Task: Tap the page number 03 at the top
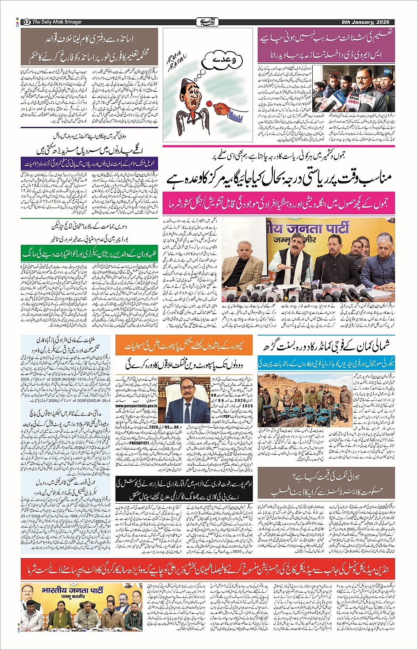[x=26, y=22]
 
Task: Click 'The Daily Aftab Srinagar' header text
[x=57, y=22]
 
